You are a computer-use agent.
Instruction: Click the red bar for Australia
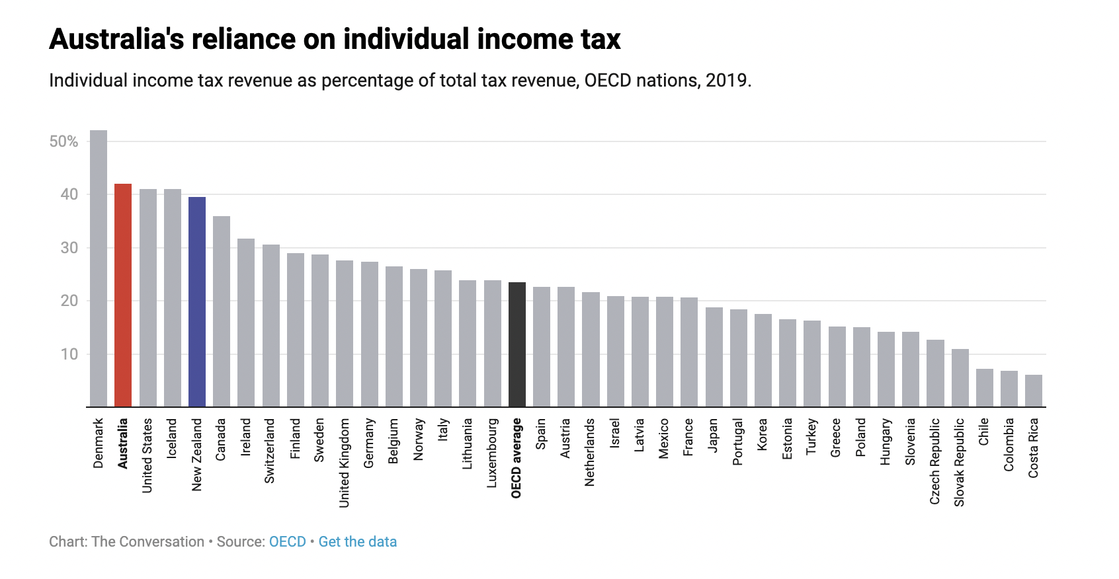tap(123, 295)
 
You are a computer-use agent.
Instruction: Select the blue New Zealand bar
tap(197, 301)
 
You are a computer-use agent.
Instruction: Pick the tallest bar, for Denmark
tap(99, 268)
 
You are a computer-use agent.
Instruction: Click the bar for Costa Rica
tap(1034, 391)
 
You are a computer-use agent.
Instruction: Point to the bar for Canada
tap(222, 311)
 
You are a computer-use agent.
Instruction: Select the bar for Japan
tap(714, 357)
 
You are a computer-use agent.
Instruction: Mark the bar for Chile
tap(985, 388)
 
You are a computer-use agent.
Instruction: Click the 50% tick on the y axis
tap(63, 141)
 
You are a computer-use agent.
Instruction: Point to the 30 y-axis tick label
tap(69, 248)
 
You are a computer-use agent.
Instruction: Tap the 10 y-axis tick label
tap(69, 354)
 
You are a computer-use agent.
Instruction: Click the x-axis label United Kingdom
tap(345, 463)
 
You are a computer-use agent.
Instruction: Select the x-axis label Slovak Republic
tap(960, 462)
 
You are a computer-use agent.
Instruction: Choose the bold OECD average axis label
tap(517, 457)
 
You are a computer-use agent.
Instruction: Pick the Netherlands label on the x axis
tap(590, 452)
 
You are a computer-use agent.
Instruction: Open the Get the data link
tap(358, 542)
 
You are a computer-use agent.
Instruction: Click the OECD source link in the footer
tap(288, 542)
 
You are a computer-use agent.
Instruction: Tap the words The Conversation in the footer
tap(148, 542)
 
